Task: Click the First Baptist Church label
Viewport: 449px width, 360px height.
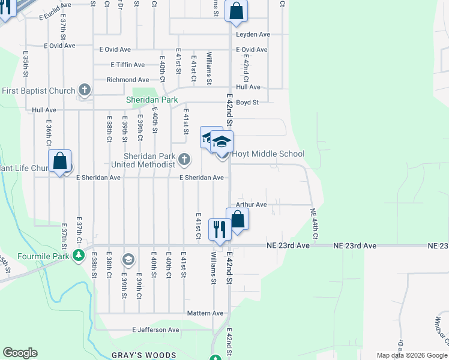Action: pos(38,91)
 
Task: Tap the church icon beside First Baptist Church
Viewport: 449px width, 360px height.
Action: pos(85,91)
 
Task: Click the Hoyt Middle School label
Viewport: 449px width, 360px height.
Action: pos(268,154)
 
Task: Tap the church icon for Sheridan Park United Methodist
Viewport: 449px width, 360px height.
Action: pos(184,160)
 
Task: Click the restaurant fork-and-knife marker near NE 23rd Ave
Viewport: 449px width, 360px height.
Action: pos(219,229)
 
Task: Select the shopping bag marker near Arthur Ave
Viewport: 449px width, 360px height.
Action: pos(237,219)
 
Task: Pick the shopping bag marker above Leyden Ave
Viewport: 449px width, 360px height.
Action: pos(237,11)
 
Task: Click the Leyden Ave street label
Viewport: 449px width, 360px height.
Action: pos(253,34)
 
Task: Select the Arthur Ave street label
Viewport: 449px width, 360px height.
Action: pos(251,205)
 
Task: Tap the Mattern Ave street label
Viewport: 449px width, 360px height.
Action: pos(205,313)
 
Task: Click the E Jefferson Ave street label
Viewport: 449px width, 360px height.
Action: pos(155,330)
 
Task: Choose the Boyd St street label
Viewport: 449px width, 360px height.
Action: pos(247,103)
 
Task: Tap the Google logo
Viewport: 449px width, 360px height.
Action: pos(20,353)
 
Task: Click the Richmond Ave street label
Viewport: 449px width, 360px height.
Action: pos(127,80)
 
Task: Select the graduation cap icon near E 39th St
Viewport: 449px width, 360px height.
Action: pos(127,260)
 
